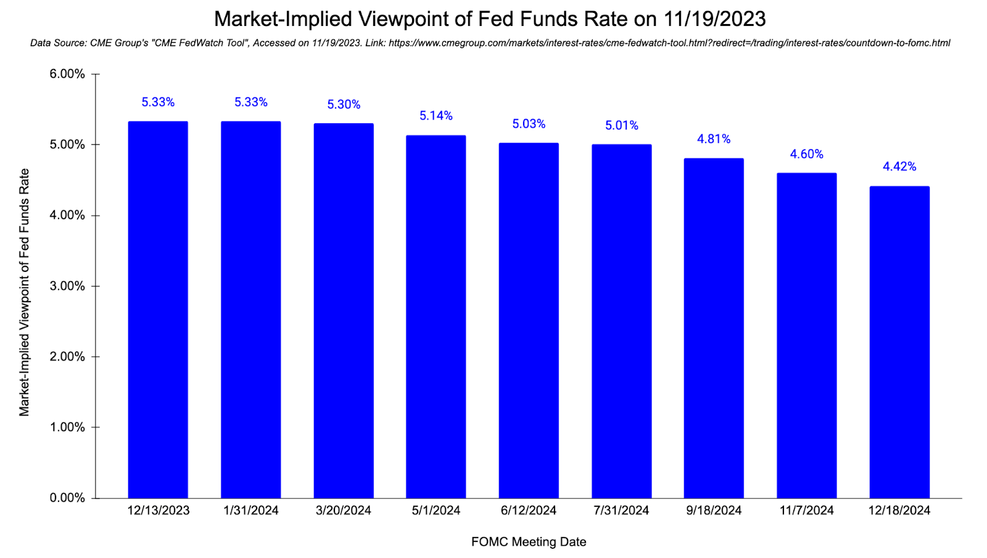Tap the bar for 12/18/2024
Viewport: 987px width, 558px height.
[x=899, y=342]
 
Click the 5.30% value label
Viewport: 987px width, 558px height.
[x=344, y=105]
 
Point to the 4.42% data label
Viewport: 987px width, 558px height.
[x=899, y=166]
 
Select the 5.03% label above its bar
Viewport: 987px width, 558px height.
[x=529, y=124]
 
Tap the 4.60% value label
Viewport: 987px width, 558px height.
[x=806, y=154]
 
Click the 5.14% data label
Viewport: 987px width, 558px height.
[x=436, y=116]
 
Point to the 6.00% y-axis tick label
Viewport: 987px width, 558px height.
[x=67, y=74]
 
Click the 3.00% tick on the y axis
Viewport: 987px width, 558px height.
[x=67, y=286]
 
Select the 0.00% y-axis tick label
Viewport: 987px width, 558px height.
[x=67, y=498]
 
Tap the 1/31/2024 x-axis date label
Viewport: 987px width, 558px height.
[x=251, y=511]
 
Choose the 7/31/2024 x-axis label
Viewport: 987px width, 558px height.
[x=621, y=511]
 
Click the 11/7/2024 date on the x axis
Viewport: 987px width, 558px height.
[x=806, y=511]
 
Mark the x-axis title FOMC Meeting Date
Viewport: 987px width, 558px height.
[x=529, y=542]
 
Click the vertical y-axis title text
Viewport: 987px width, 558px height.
[x=24, y=292]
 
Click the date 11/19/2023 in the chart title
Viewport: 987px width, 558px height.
[x=714, y=19]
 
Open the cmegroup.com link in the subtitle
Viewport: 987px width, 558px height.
[x=669, y=43]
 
